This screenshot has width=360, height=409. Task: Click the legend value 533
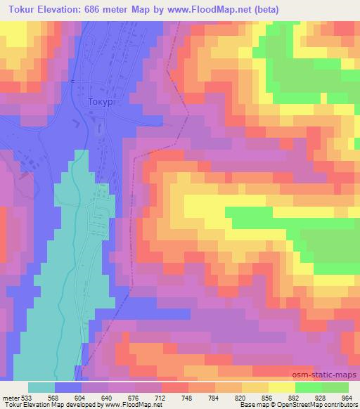27,397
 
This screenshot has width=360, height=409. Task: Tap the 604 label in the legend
79,397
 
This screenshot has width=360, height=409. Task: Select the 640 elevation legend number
105,397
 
